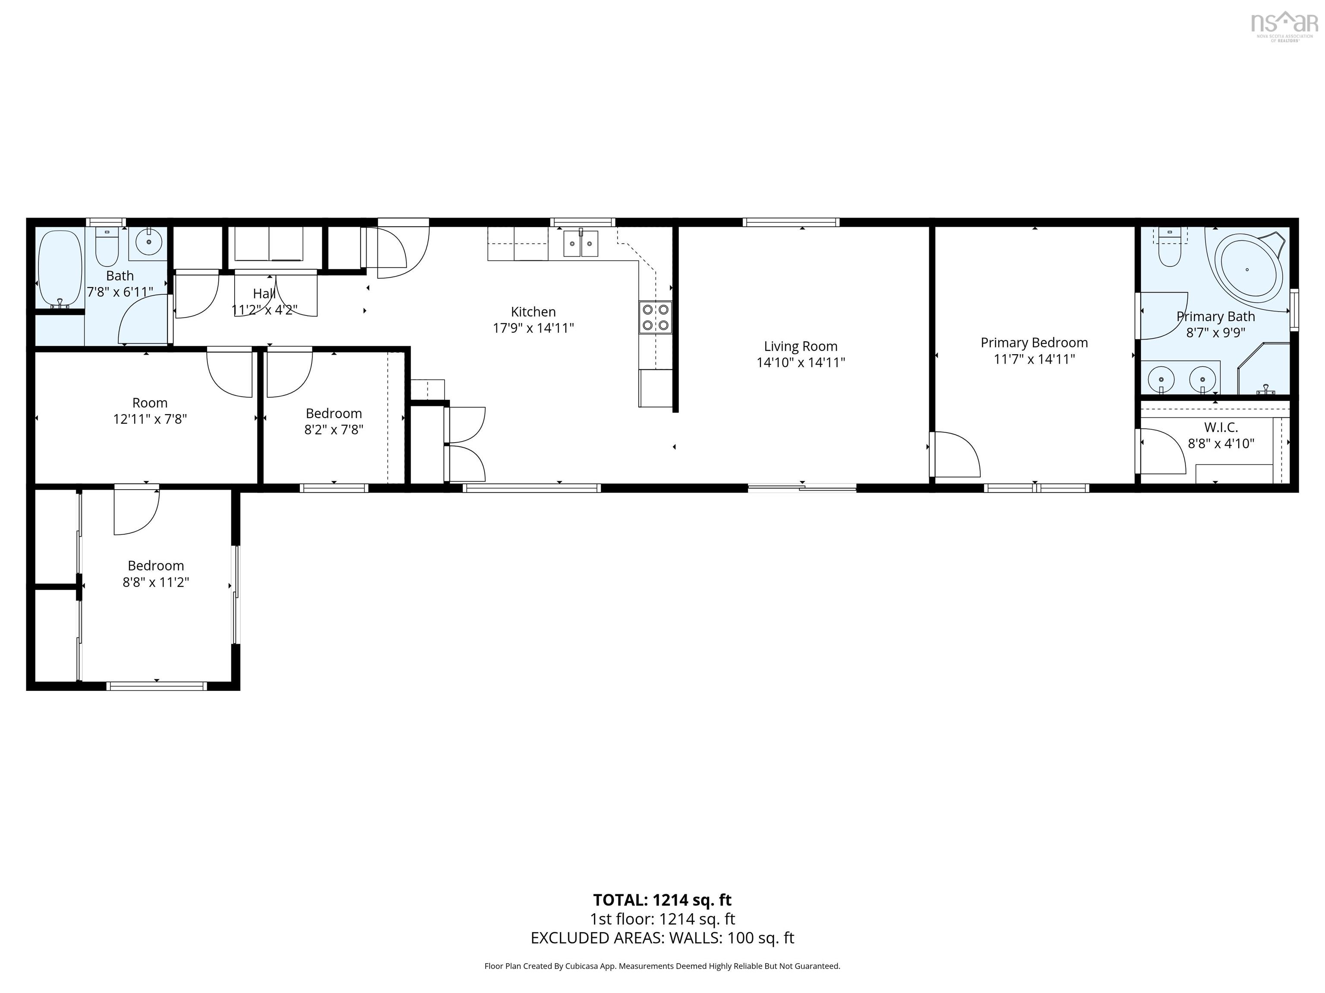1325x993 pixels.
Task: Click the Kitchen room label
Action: coord(533,312)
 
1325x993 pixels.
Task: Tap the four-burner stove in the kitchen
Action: coord(655,317)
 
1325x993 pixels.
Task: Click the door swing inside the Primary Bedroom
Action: coord(955,455)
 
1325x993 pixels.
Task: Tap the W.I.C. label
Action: coord(1221,428)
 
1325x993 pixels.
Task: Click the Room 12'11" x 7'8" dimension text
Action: coord(150,419)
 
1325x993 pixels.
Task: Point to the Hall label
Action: coord(264,294)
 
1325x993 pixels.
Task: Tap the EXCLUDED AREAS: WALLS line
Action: coord(662,938)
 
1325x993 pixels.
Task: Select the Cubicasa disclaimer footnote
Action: coord(662,966)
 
